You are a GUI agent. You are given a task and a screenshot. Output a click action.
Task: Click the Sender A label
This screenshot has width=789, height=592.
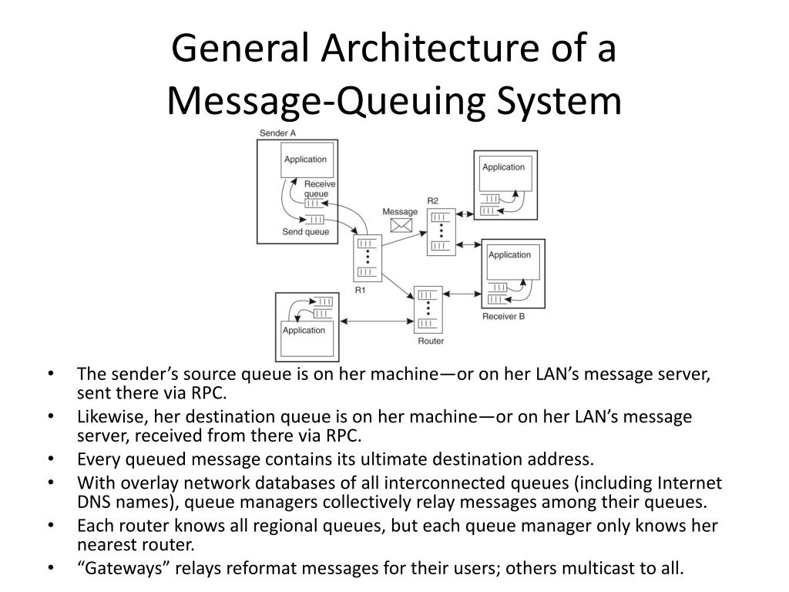277,133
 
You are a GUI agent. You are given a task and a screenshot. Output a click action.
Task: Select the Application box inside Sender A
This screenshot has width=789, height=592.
306,160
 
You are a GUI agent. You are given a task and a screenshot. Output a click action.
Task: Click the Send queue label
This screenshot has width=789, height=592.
305,232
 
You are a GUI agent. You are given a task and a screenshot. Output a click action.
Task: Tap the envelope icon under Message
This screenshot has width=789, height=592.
401,225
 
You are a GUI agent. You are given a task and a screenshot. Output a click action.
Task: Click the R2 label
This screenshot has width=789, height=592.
432,201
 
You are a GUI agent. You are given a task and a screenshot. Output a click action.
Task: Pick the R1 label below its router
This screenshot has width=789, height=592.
361,290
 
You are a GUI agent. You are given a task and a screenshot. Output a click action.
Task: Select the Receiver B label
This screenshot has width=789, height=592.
503,316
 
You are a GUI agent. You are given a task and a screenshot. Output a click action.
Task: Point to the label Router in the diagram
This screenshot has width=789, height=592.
431,341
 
